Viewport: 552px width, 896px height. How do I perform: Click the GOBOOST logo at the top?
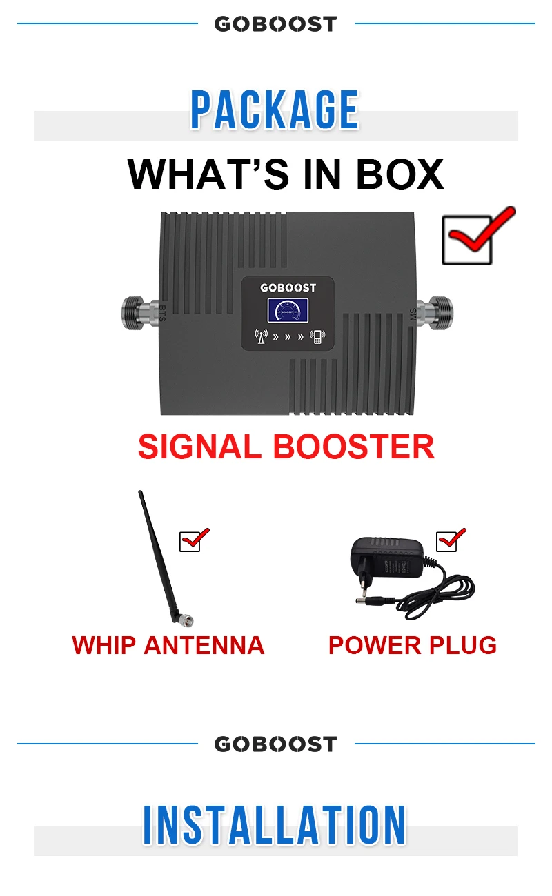coord(275,24)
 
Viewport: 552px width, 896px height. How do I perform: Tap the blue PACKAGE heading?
coord(275,110)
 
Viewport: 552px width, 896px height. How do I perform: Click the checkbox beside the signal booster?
coord(466,239)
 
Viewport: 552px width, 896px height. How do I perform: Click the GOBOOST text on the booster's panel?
coord(287,287)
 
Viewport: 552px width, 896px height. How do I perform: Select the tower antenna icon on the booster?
coord(260,337)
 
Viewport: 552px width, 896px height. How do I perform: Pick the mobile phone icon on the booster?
coord(317,337)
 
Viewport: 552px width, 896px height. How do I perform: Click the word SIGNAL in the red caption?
coord(200,447)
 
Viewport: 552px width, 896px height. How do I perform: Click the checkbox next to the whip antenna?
coord(190,541)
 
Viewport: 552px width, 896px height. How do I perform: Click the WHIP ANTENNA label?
coord(168,645)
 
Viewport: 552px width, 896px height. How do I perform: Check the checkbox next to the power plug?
coord(447,541)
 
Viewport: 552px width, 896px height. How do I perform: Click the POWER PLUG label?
coord(413,645)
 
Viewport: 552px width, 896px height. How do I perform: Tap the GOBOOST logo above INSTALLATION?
coord(275,744)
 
